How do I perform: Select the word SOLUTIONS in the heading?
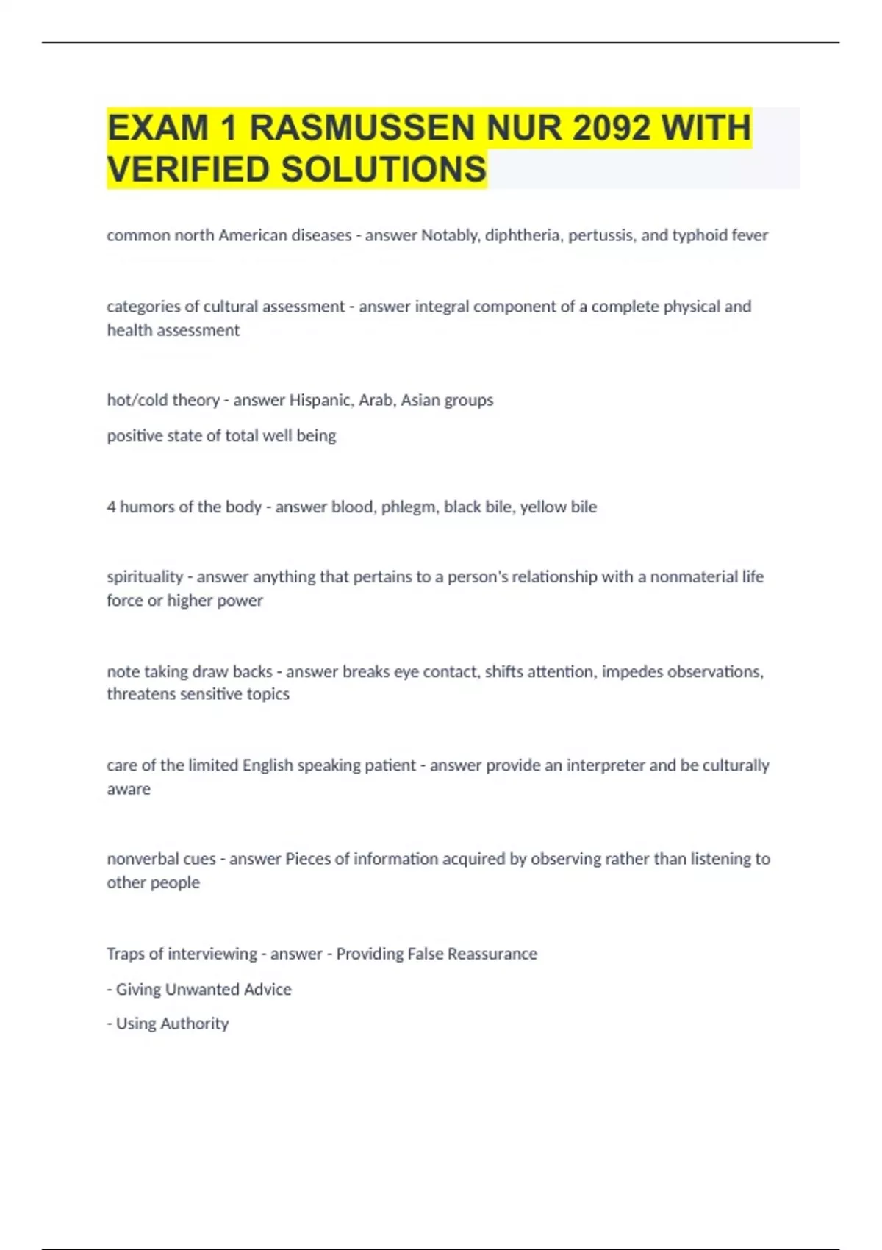(383, 169)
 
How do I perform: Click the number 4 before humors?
(111, 507)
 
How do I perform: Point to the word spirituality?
(145, 576)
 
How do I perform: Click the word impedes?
(627, 671)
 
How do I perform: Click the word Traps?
(126, 954)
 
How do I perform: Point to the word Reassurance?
(492, 954)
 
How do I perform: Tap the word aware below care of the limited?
(129, 789)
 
